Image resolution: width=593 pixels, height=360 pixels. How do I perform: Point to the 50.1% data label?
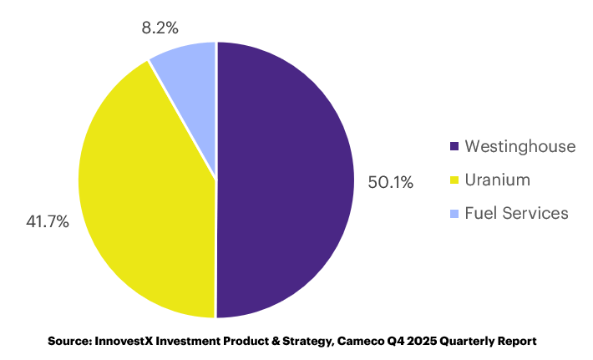click(x=390, y=181)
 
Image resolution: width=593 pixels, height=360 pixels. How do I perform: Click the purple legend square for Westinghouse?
click(x=454, y=147)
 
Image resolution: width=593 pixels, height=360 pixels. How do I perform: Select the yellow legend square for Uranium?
click(x=454, y=180)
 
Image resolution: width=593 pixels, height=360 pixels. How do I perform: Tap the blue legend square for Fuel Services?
click(x=454, y=214)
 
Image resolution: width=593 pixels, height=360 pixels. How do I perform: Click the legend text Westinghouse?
click(x=520, y=147)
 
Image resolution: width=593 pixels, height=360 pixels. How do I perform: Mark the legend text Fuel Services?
click(x=516, y=214)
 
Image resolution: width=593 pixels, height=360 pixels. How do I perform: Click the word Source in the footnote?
click(x=70, y=341)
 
